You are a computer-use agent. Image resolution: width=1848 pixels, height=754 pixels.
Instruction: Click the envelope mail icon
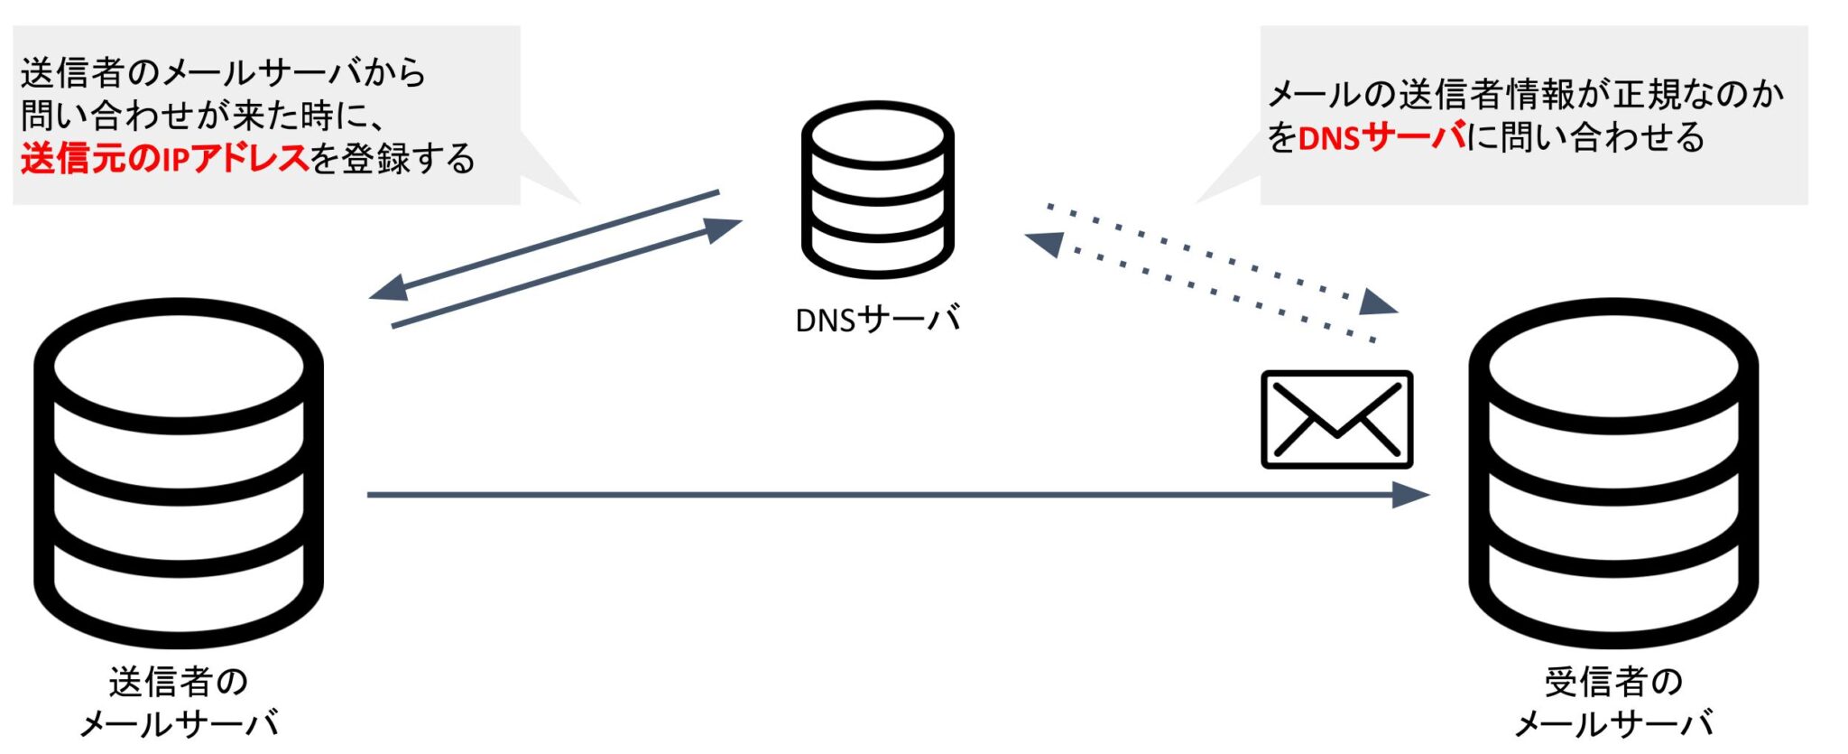(x=1336, y=419)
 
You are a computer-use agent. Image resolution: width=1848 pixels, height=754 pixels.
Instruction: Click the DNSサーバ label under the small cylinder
(x=877, y=320)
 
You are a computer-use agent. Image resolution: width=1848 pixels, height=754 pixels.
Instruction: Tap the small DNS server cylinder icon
(x=877, y=190)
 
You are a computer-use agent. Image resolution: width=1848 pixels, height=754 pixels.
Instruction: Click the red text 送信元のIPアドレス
(x=165, y=159)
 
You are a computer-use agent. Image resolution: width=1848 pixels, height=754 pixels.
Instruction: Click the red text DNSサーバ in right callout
(x=1381, y=138)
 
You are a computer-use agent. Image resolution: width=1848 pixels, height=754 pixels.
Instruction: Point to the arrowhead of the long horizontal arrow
(x=1410, y=495)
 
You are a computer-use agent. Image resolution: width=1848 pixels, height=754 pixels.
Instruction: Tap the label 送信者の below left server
(x=179, y=682)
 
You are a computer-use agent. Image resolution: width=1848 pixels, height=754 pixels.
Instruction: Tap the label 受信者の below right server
(x=1613, y=682)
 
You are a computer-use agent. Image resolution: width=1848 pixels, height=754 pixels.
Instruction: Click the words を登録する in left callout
(x=393, y=159)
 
